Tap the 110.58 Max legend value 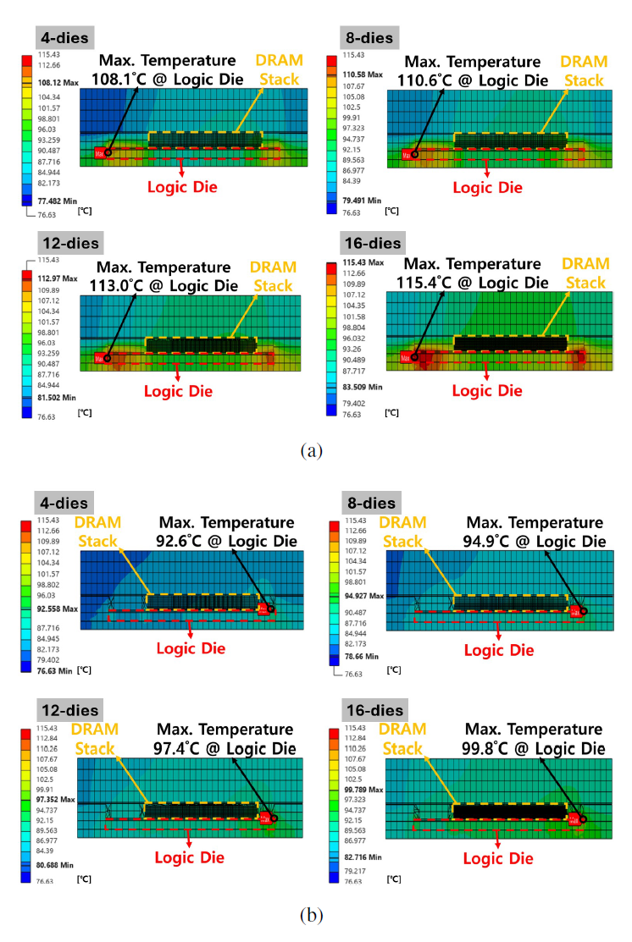[x=363, y=74]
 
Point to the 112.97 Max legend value [x=57, y=278]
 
